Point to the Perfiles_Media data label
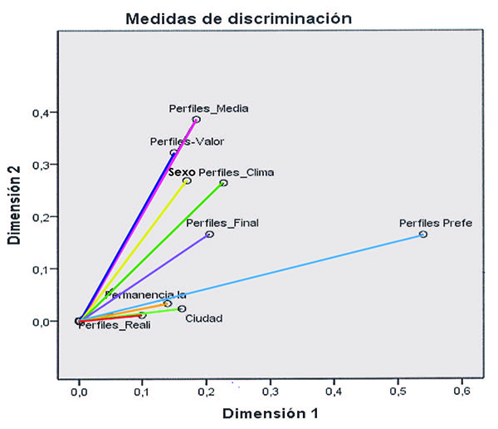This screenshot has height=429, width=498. click(x=209, y=108)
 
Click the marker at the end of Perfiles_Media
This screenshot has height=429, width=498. click(x=197, y=120)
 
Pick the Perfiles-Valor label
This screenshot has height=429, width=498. click(x=187, y=141)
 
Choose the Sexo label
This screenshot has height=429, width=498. click(x=181, y=173)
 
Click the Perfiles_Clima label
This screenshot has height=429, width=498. click(x=237, y=173)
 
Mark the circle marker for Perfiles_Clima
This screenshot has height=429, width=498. click(x=223, y=183)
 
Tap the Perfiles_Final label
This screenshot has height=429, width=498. click(x=222, y=223)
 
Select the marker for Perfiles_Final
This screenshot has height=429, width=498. click(x=209, y=234)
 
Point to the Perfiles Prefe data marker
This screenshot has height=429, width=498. click(x=423, y=234)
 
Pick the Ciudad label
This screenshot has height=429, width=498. click(x=203, y=318)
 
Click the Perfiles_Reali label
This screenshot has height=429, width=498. click(x=115, y=325)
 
